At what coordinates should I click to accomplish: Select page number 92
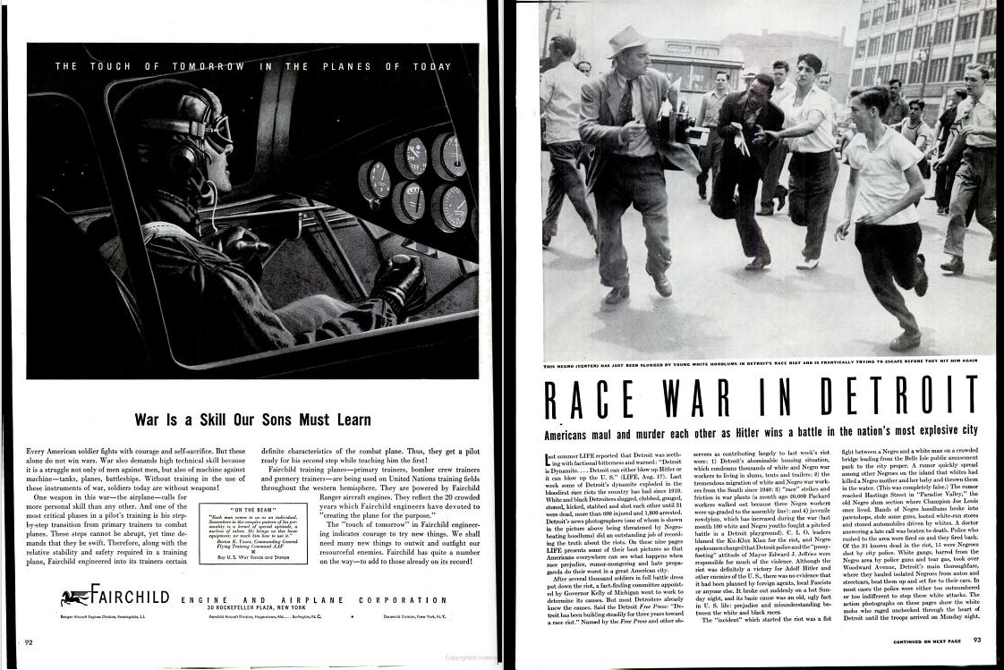click(30, 640)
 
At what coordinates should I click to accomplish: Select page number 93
click(977, 640)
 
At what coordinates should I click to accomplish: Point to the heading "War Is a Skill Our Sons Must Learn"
click(252, 419)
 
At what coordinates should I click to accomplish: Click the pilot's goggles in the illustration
click(215, 131)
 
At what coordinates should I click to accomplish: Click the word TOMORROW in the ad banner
click(208, 66)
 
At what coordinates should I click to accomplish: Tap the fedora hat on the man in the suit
click(625, 40)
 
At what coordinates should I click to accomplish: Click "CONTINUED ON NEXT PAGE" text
click(926, 640)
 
